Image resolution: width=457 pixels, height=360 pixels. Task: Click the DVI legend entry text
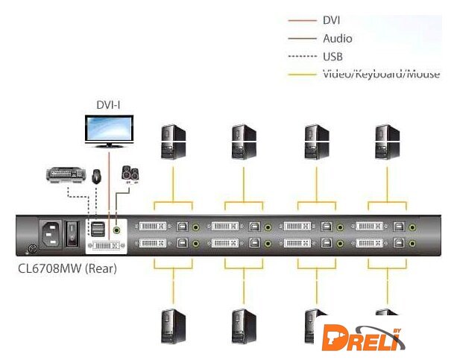(x=332, y=20)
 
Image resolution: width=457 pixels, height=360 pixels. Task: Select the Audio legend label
(x=337, y=38)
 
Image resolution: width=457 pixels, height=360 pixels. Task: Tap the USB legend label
(x=333, y=56)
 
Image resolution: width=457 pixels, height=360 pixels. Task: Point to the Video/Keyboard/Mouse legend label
(x=380, y=74)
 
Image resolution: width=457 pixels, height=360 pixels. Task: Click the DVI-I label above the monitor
(x=108, y=105)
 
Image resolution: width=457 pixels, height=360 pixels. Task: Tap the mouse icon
(x=97, y=177)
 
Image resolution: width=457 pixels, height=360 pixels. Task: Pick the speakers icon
(x=130, y=175)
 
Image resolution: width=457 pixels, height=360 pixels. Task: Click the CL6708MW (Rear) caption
(x=67, y=268)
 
